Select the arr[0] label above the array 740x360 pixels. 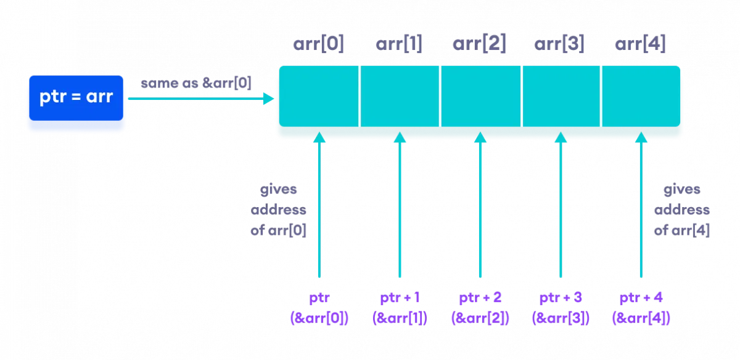click(318, 45)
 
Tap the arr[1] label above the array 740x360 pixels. click(399, 45)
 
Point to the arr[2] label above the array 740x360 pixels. click(480, 45)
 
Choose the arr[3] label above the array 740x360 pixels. click(560, 45)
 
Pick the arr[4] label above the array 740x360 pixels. click(641, 45)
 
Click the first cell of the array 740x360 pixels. click(319, 97)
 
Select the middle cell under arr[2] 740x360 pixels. click(480, 97)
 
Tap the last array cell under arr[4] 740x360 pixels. click(641, 97)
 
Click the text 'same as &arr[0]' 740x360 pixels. click(196, 83)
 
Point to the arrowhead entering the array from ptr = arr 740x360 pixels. click(269, 98)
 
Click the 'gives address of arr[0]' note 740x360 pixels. click(279, 210)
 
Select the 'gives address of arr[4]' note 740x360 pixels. click(681, 210)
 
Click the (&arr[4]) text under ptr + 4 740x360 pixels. click(641, 319)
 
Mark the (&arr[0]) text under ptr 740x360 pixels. click(319, 319)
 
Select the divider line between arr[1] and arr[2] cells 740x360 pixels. click(440, 97)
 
